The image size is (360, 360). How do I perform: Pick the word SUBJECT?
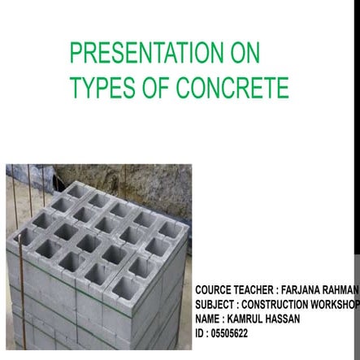(x=215, y=304)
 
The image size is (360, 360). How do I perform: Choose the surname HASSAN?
(x=284, y=319)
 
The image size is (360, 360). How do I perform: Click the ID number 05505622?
(x=229, y=333)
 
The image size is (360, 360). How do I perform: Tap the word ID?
(x=199, y=333)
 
